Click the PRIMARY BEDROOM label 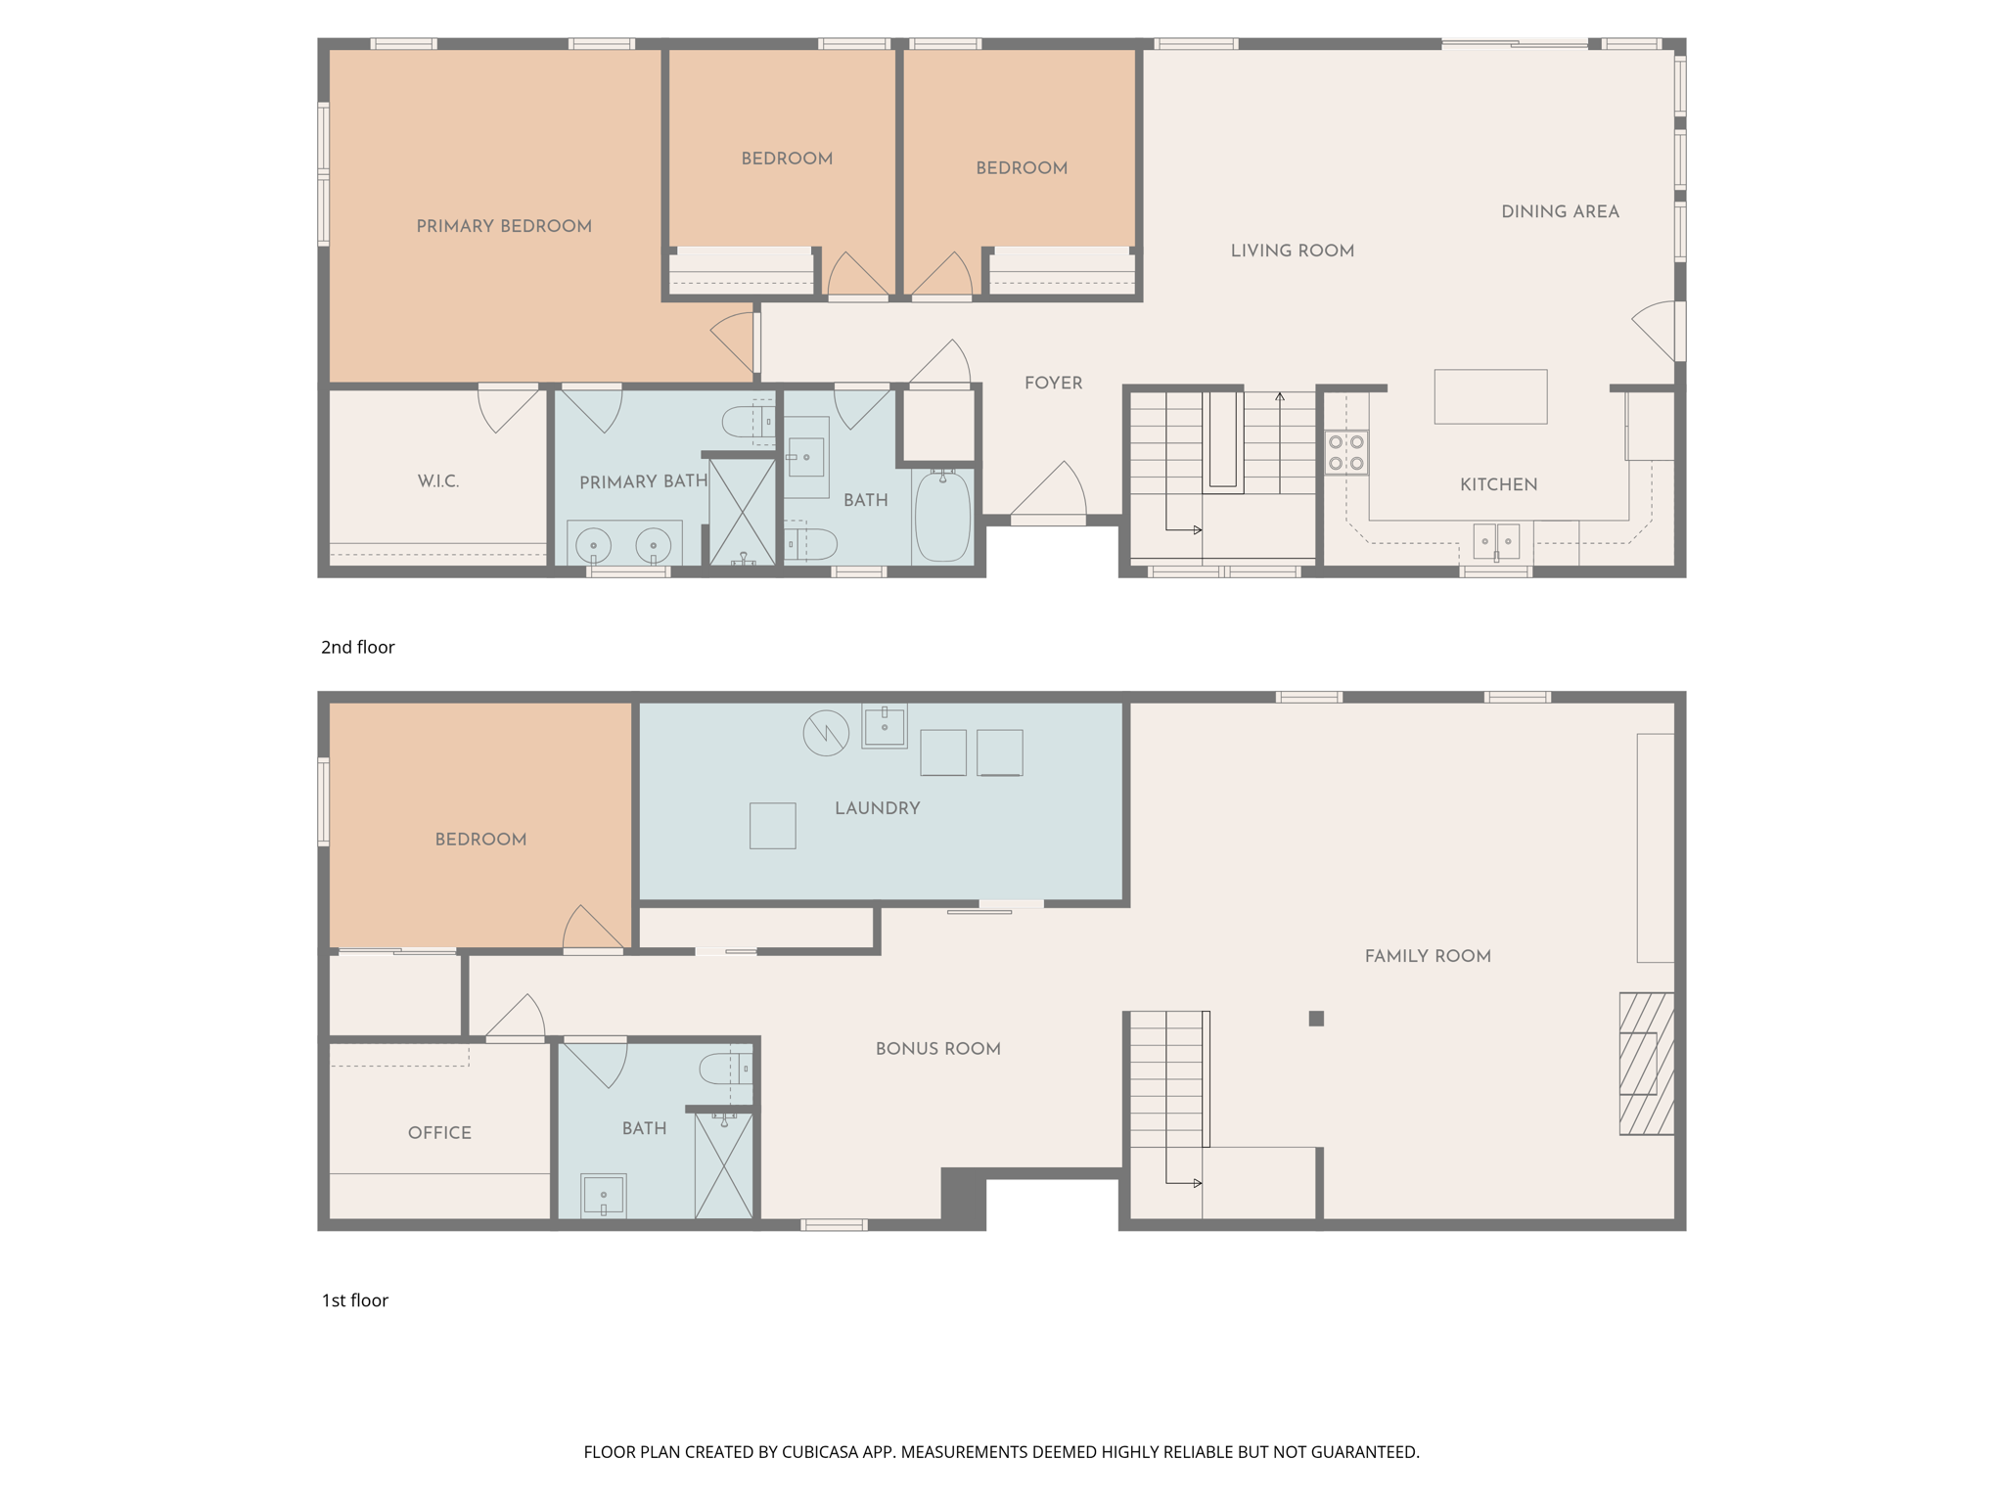click(504, 226)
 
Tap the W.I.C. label click(438, 480)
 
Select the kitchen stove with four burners click(1346, 452)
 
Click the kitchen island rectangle click(1490, 396)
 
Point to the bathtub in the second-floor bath click(942, 516)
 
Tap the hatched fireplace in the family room click(1647, 1064)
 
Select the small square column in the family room click(1316, 1019)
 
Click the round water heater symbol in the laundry click(826, 733)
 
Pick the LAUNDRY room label click(878, 808)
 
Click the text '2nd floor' click(358, 647)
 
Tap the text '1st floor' click(355, 1300)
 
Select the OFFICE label click(439, 1132)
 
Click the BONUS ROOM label click(938, 1049)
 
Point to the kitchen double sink click(1496, 541)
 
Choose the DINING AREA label click(1561, 211)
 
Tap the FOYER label click(1054, 383)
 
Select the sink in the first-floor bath click(604, 1196)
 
